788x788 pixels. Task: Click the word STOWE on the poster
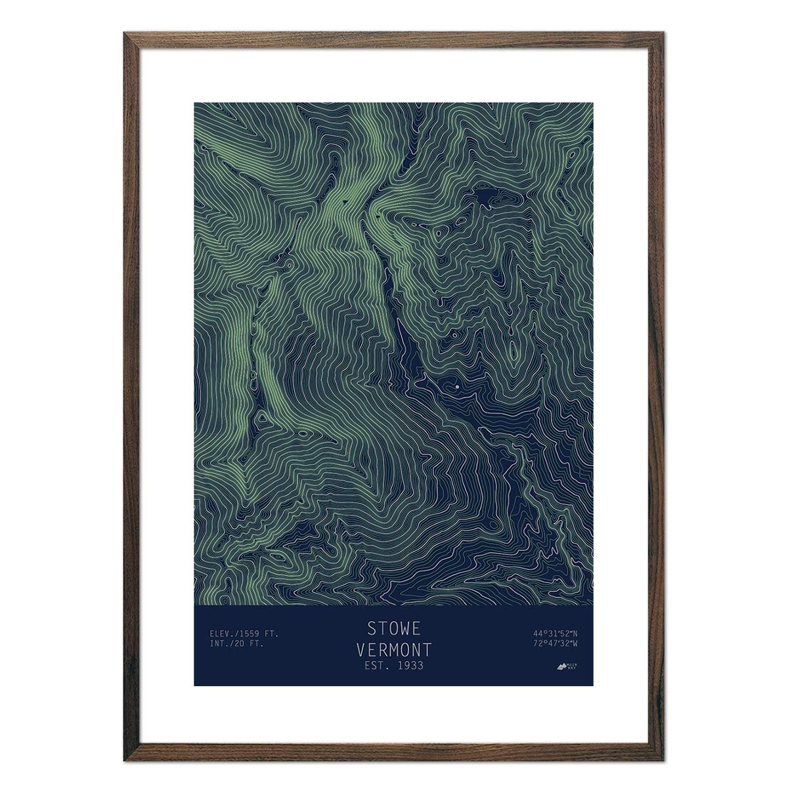pos(393,628)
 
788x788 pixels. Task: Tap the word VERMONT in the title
pos(393,650)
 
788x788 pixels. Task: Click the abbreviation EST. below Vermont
pos(375,666)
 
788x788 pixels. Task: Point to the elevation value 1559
pos(250,634)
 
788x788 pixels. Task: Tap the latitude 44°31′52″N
pos(556,634)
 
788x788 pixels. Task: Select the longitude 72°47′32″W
pos(556,644)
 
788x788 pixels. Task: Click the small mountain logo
pos(561,667)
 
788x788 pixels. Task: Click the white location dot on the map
pos(456,387)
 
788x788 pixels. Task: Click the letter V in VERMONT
pos(361,650)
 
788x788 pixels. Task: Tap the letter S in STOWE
pos(371,628)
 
